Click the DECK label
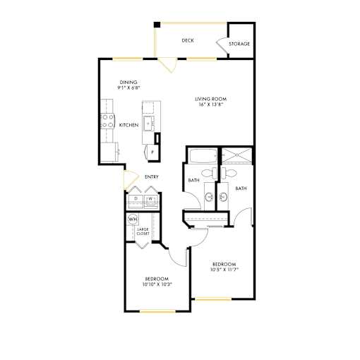click(x=188, y=40)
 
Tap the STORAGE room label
click(x=239, y=44)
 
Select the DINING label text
click(x=128, y=83)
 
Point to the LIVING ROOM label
click(x=210, y=99)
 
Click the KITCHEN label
click(x=128, y=125)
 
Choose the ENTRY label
click(x=152, y=176)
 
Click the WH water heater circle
click(x=133, y=220)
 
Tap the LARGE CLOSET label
click(x=143, y=232)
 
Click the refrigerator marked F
click(x=152, y=152)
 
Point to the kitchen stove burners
click(x=107, y=121)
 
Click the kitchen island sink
click(x=148, y=123)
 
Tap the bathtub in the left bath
click(x=203, y=156)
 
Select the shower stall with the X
click(x=237, y=155)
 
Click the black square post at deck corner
click(x=157, y=25)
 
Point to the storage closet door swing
click(x=222, y=44)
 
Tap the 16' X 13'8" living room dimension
click(x=210, y=104)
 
